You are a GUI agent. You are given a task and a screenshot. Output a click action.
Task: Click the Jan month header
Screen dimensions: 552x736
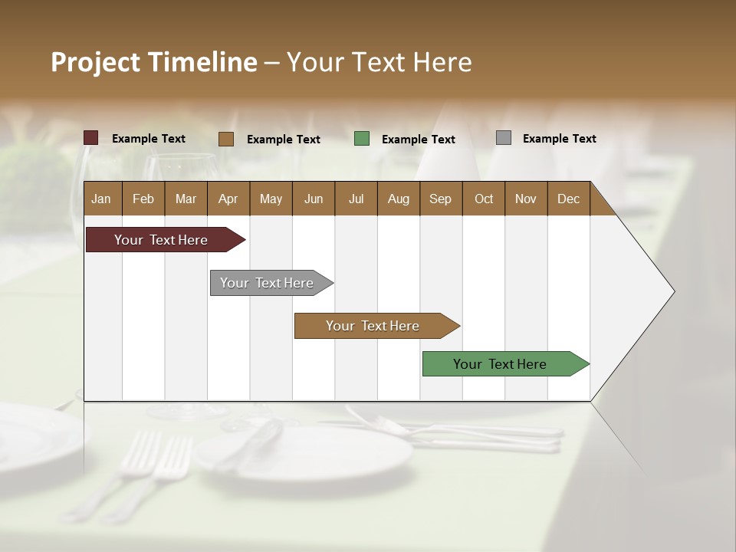(101, 199)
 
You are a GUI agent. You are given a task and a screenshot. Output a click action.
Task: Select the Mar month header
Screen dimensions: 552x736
(186, 199)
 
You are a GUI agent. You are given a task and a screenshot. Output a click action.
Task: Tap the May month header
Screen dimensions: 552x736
(271, 199)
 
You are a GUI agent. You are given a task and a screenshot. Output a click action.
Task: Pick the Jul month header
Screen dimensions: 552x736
(356, 199)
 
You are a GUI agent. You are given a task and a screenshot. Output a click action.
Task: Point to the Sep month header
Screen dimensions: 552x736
(440, 199)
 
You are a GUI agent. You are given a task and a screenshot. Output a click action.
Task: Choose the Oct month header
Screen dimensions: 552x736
(484, 199)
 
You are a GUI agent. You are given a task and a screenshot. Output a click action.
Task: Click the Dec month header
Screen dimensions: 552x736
(568, 199)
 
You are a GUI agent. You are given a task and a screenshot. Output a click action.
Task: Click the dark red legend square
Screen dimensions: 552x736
(91, 138)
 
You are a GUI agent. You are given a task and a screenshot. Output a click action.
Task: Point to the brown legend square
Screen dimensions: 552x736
(226, 139)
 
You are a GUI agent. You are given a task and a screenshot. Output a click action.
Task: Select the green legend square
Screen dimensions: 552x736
(362, 139)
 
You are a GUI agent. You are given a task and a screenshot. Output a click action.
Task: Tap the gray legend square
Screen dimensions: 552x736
(504, 138)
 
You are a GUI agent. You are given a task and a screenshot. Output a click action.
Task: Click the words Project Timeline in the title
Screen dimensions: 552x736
(154, 62)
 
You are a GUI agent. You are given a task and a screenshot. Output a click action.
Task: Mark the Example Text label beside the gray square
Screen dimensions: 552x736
(559, 139)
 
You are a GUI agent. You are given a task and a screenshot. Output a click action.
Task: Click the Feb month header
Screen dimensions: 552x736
(143, 199)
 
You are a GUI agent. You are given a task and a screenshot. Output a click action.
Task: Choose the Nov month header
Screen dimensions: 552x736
(526, 199)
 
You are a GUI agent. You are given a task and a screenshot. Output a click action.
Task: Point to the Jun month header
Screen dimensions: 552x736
(314, 199)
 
